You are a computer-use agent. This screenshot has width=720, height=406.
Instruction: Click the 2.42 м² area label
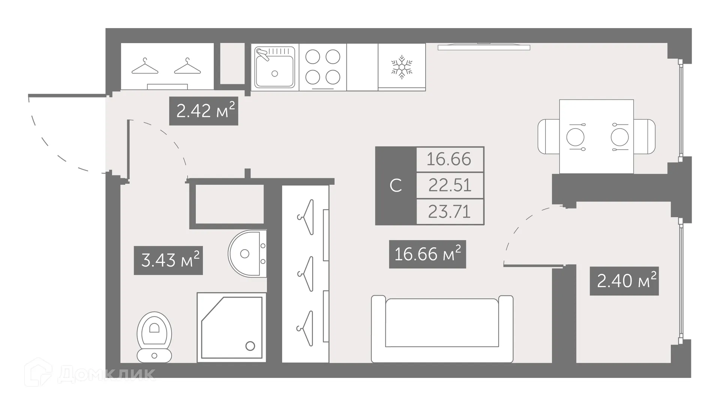(204, 111)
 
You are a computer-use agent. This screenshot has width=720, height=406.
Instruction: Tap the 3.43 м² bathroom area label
(168, 260)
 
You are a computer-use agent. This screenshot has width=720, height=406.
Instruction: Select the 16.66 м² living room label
(427, 254)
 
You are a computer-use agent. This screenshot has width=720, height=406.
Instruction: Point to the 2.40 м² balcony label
(624, 281)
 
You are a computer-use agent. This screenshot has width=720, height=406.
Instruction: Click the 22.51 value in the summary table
(450, 185)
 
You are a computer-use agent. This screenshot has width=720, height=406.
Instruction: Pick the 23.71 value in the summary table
(450, 212)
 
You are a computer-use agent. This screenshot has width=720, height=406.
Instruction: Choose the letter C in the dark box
(396, 186)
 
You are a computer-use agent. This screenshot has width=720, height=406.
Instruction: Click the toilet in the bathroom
(154, 337)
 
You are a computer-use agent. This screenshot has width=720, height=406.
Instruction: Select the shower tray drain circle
(250, 346)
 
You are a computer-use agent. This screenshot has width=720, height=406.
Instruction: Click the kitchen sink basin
(274, 71)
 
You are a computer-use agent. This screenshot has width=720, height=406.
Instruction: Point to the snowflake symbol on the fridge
(402, 67)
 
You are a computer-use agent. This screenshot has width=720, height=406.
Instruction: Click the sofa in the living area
(442, 328)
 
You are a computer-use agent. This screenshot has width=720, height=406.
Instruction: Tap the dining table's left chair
(548, 136)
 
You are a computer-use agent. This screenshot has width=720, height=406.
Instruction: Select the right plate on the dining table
(619, 137)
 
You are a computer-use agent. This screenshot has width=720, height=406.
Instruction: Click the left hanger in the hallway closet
(145, 66)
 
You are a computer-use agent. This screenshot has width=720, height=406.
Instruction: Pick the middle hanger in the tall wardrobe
(306, 274)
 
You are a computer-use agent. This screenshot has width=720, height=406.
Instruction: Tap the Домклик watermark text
(106, 374)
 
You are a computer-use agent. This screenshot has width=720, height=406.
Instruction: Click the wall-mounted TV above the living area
(484, 47)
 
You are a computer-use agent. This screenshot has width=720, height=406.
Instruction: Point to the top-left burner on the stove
(312, 57)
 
